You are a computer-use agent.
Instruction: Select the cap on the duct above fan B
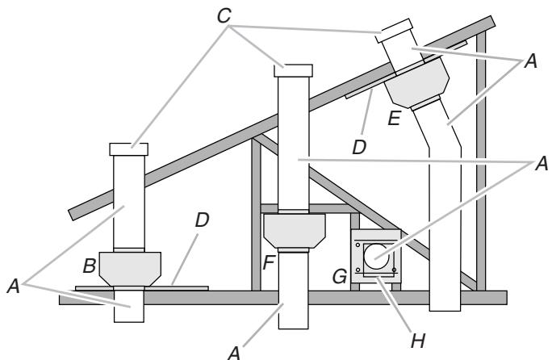click(128, 149)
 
